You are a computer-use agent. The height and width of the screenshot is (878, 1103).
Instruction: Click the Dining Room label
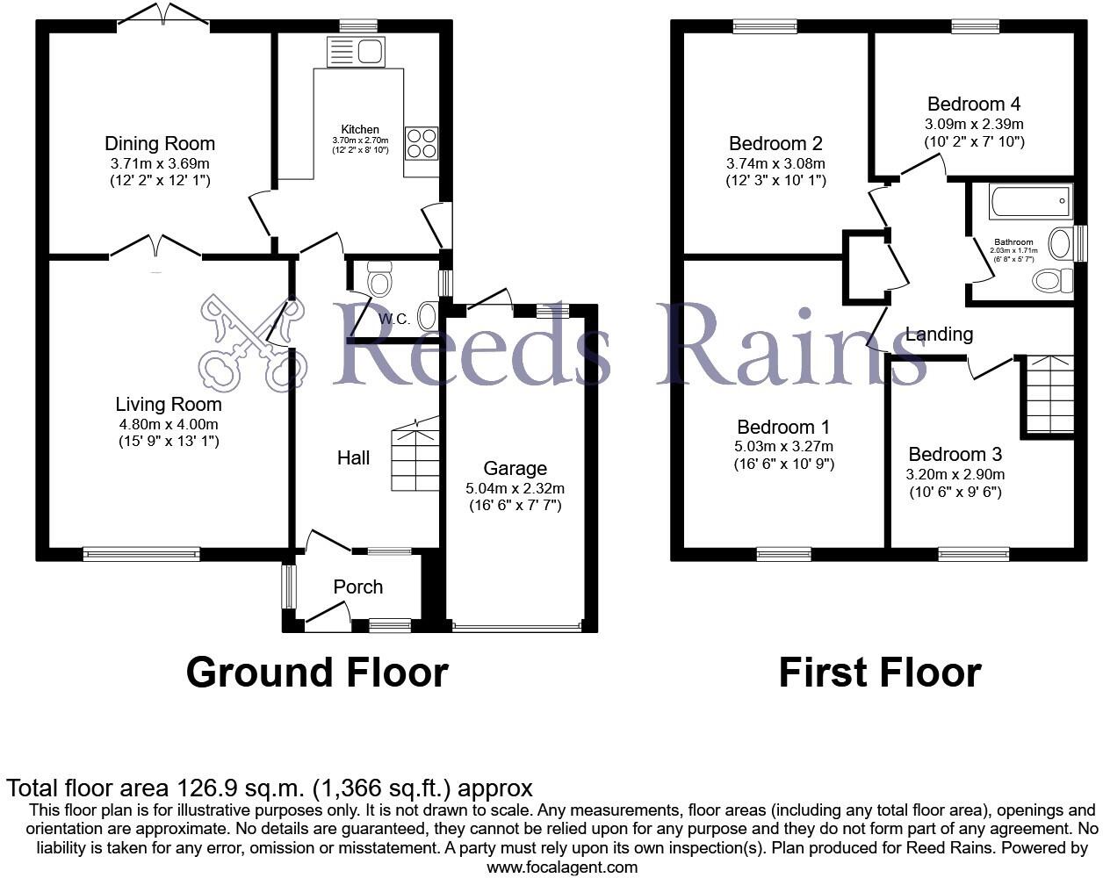coord(160,143)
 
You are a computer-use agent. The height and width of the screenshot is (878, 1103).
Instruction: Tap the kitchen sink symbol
coord(356,53)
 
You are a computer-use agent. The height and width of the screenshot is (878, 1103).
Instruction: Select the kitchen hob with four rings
coord(422,143)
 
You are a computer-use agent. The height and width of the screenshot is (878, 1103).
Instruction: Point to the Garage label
coord(515,469)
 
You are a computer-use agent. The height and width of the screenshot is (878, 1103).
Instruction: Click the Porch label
coord(358,587)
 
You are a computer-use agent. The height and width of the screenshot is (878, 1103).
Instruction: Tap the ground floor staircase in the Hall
coord(415,457)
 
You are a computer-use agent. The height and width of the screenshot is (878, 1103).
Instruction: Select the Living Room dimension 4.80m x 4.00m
coord(169,423)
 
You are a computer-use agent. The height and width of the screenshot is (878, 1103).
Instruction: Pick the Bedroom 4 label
coord(973,104)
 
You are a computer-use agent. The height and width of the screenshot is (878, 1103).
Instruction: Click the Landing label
coord(939,334)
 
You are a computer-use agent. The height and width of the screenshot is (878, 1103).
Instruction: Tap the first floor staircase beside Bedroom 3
coord(1049,394)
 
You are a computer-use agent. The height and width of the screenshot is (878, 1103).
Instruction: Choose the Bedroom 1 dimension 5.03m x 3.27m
coord(783,446)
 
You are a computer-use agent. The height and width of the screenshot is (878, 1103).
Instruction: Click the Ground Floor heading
coord(317,673)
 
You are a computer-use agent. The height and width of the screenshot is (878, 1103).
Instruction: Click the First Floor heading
coord(879,673)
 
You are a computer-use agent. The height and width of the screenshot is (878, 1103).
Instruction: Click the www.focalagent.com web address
coord(562,867)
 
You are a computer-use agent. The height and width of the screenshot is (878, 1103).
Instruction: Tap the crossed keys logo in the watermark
coord(250,342)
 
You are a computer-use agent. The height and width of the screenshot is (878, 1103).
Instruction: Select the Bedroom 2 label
coord(775,143)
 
